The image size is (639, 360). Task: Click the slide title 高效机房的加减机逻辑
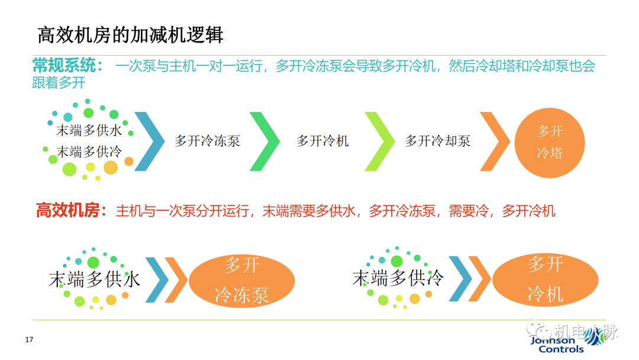pos(130,35)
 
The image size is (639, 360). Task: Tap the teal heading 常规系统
pos(67,66)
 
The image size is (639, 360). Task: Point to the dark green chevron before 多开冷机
pos(266,141)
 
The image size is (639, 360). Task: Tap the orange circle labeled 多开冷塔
pos(550,142)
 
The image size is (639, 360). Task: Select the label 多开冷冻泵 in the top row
pos(207,141)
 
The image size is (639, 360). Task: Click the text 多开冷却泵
pos(438,141)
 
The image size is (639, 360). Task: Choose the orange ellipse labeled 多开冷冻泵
pos(241,279)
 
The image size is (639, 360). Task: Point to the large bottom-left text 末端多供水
pos(95,279)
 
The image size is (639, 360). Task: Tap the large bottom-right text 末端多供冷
pos(398,278)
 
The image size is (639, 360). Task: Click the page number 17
pos(29,340)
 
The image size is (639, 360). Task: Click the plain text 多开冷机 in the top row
pos(322,141)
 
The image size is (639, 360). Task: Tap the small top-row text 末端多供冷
pos(89,152)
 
